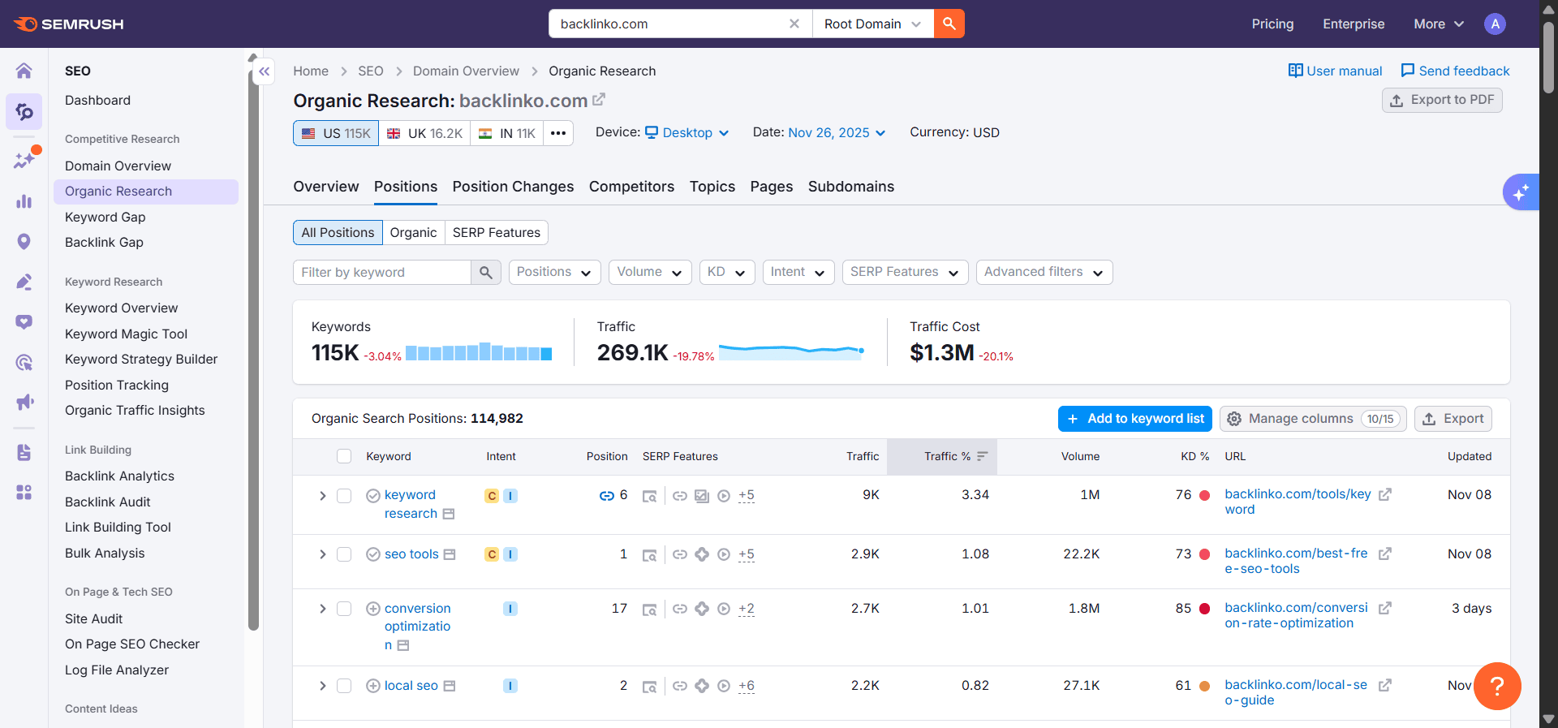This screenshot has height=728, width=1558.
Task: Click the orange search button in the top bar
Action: [x=949, y=24]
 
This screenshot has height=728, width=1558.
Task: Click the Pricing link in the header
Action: [x=1272, y=24]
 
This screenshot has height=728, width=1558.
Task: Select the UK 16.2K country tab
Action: [x=424, y=133]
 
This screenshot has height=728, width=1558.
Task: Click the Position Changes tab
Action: [x=513, y=187]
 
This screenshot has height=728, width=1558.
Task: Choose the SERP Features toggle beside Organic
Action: [x=496, y=233]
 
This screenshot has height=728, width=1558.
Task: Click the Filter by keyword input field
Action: [x=381, y=273]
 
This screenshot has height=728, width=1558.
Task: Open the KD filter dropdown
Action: [x=726, y=273]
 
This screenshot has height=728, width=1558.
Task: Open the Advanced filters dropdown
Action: [x=1044, y=273]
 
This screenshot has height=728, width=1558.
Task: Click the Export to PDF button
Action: [x=1442, y=100]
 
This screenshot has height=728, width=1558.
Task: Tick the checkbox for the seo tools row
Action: [x=344, y=554]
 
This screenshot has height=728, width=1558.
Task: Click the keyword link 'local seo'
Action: [x=411, y=686]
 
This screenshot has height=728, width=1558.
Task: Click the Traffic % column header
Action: [x=947, y=457]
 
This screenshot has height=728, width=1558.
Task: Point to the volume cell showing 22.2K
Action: [x=1081, y=554]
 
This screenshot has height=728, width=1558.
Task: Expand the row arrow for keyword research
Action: [x=322, y=496]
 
